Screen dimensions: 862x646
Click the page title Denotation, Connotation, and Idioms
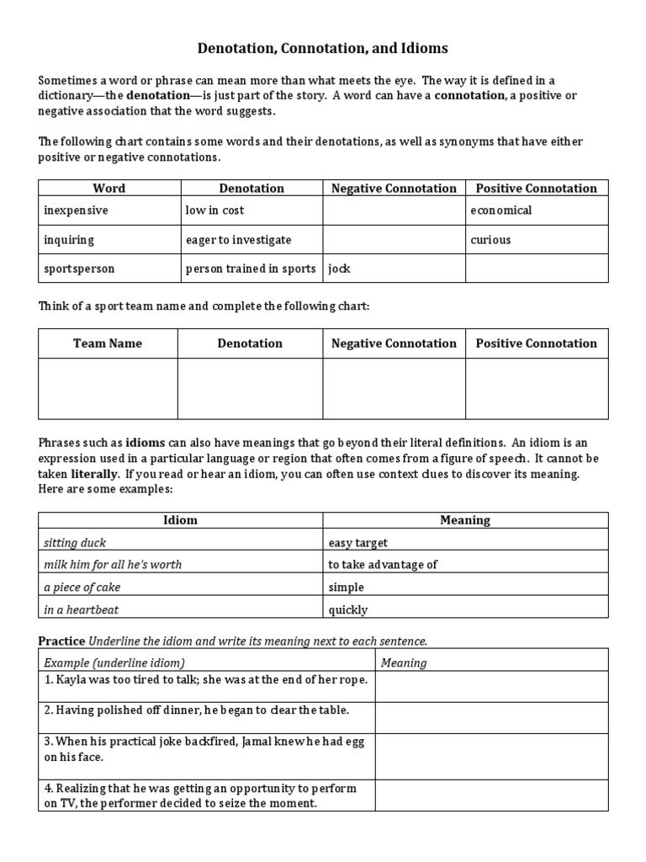[323, 49]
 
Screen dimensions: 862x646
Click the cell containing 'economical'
[500, 210]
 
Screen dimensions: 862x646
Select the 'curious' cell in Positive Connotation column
[490, 240]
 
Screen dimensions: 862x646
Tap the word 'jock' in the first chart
[339, 269]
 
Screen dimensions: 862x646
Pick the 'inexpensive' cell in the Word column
[76, 210]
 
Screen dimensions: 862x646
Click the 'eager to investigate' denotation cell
[238, 240]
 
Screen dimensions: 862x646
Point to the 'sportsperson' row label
[79, 269]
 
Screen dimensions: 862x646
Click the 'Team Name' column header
[108, 343]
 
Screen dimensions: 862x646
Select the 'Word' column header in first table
[109, 189]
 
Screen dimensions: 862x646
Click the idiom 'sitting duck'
[75, 543]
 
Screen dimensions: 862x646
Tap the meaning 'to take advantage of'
[383, 565]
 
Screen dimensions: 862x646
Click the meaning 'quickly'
[348, 609]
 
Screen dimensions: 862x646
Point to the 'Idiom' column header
[180, 520]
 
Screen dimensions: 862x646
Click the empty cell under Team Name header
[108, 388]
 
